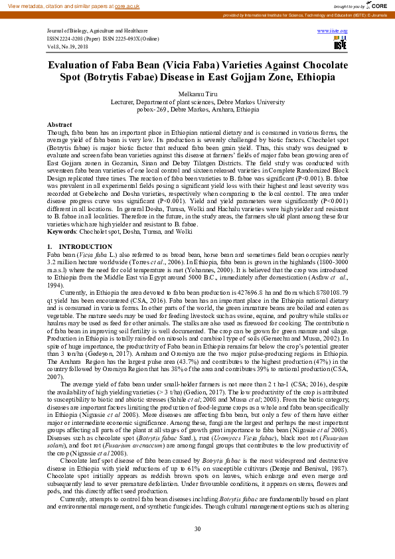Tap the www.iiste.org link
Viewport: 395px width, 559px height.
(x=332, y=31)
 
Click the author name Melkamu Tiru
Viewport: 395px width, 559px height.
(x=197, y=96)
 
